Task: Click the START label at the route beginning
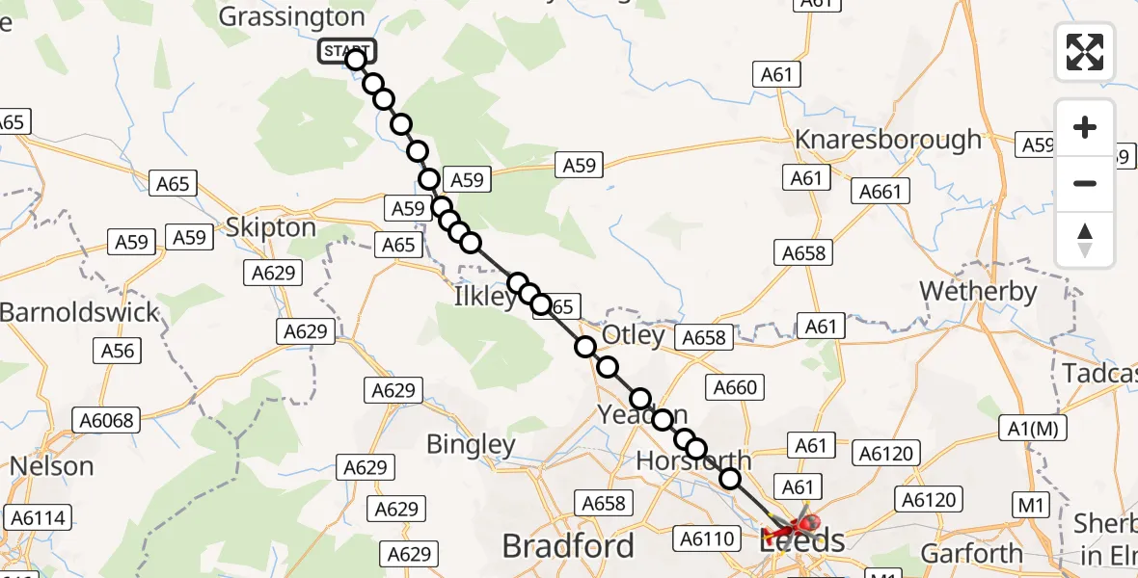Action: click(x=345, y=51)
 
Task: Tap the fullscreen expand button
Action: click(x=1085, y=52)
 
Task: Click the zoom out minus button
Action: click(x=1085, y=183)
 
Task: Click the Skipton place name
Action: click(x=270, y=227)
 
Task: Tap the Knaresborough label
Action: click(x=887, y=140)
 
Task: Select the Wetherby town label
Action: click(x=978, y=291)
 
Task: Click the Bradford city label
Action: click(x=568, y=546)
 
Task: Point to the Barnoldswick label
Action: click(x=79, y=313)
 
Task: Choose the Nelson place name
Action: click(x=52, y=466)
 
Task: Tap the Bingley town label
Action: click(x=472, y=444)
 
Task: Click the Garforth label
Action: click(x=971, y=553)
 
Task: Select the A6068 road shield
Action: click(x=107, y=420)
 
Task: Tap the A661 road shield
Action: click(x=881, y=192)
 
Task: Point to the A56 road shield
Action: click(x=119, y=352)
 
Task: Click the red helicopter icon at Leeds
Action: click(x=796, y=527)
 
